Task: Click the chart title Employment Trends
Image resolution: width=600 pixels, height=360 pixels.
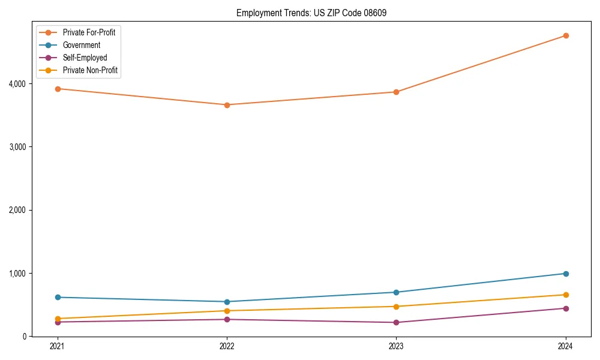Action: click(307, 13)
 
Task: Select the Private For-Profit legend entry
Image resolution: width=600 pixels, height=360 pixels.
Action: click(89, 32)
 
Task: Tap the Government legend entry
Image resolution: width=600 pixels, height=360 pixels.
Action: click(81, 45)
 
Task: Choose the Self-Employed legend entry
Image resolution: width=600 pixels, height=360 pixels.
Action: click(85, 58)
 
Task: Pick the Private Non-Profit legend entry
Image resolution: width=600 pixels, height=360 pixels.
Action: click(90, 70)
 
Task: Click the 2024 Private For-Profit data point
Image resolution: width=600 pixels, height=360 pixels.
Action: click(566, 35)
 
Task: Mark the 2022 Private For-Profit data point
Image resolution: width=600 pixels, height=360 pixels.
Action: click(227, 105)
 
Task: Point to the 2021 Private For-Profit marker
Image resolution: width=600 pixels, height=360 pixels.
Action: click(58, 89)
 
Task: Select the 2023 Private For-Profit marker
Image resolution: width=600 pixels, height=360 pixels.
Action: click(396, 92)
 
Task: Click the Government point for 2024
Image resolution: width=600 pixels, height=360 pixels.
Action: click(566, 274)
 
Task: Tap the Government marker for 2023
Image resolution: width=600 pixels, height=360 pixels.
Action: click(396, 292)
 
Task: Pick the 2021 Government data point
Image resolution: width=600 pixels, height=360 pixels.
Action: click(58, 297)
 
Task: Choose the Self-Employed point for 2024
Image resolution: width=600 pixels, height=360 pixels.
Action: click(566, 308)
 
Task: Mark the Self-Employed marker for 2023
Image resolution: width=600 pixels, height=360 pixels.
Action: click(396, 322)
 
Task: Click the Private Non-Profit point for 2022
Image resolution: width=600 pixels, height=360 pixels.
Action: click(227, 311)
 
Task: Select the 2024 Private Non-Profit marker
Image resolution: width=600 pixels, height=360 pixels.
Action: click(566, 295)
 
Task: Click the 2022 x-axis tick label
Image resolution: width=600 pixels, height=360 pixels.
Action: click(227, 346)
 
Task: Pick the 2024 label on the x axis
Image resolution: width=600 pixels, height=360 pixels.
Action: click(566, 346)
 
